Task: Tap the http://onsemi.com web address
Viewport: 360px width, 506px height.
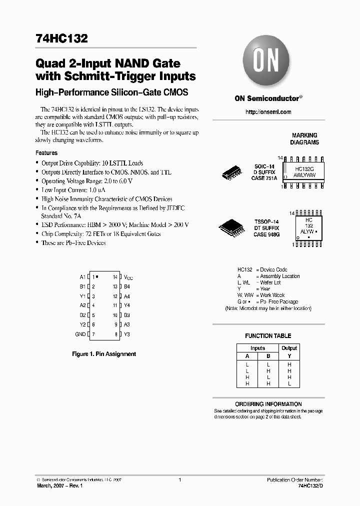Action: click(x=268, y=112)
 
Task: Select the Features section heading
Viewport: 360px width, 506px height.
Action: click(x=46, y=153)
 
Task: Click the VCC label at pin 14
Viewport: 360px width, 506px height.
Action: click(x=128, y=277)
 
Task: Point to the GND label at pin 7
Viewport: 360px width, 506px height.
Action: click(x=80, y=334)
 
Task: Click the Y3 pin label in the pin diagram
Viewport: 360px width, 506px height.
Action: click(x=127, y=334)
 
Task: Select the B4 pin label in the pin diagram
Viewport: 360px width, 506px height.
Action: click(x=127, y=286)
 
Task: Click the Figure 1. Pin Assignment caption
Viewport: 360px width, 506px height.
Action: click(x=104, y=354)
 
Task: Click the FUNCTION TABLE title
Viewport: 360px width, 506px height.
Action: click(x=268, y=336)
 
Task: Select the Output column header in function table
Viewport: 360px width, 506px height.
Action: click(x=289, y=348)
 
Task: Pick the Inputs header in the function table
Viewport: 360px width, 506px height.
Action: click(x=258, y=348)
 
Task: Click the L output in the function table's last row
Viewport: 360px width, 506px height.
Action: click(x=289, y=383)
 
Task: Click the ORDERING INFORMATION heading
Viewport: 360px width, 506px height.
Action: click(x=268, y=404)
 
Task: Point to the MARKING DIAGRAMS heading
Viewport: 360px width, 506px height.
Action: click(x=304, y=139)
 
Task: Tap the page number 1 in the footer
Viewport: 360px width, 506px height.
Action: click(x=179, y=480)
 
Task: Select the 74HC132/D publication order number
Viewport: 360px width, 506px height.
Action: click(x=310, y=486)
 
